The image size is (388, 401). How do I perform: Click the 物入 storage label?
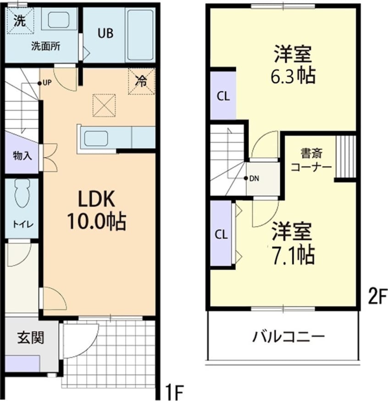(x=22, y=156)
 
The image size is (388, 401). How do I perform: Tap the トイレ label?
(x=22, y=224)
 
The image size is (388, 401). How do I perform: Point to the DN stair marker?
(x=253, y=178)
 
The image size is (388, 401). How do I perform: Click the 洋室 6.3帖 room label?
(x=293, y=65)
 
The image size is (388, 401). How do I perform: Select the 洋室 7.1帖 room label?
(x=292, y=242)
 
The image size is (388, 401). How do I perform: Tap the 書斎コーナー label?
(x=311, y=159)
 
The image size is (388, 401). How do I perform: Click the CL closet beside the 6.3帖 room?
(x=223, y=96)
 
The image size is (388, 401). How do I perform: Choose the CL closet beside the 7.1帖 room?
(x=222, y=234)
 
